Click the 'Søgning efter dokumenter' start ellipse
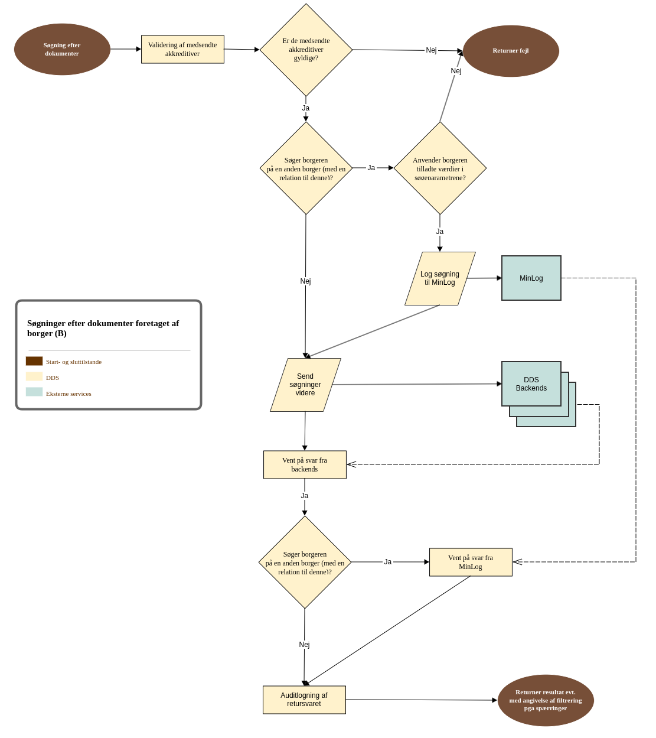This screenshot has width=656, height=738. pos(62,50)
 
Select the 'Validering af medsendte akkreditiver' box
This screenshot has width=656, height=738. pos(182,50)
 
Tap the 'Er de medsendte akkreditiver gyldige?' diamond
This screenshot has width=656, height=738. pos(306,50)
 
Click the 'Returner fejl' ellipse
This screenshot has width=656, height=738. pos(511,51)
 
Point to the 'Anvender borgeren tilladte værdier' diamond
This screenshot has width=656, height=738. pos(440,168)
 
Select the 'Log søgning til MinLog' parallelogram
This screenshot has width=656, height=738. pos(440,278)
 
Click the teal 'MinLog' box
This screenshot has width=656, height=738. pos(531,278)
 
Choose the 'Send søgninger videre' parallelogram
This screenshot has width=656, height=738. pos(305,385)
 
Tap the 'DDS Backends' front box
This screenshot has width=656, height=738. pos(531,384)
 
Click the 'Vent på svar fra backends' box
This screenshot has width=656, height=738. pos(305,465)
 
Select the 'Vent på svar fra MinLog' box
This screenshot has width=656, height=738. pos(471,563)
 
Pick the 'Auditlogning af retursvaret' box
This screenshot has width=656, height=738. pos(304,700)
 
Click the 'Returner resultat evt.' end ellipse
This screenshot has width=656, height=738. pos(546,700)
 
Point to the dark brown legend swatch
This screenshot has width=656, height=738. pos(34,361)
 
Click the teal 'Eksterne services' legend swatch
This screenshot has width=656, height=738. pos(34,392)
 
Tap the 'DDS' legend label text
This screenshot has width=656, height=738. pos(53,378)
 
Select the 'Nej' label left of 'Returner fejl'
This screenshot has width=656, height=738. pos(431,50)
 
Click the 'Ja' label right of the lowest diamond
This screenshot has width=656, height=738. pos(387,562)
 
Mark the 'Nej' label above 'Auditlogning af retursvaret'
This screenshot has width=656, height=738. pos(304,645)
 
